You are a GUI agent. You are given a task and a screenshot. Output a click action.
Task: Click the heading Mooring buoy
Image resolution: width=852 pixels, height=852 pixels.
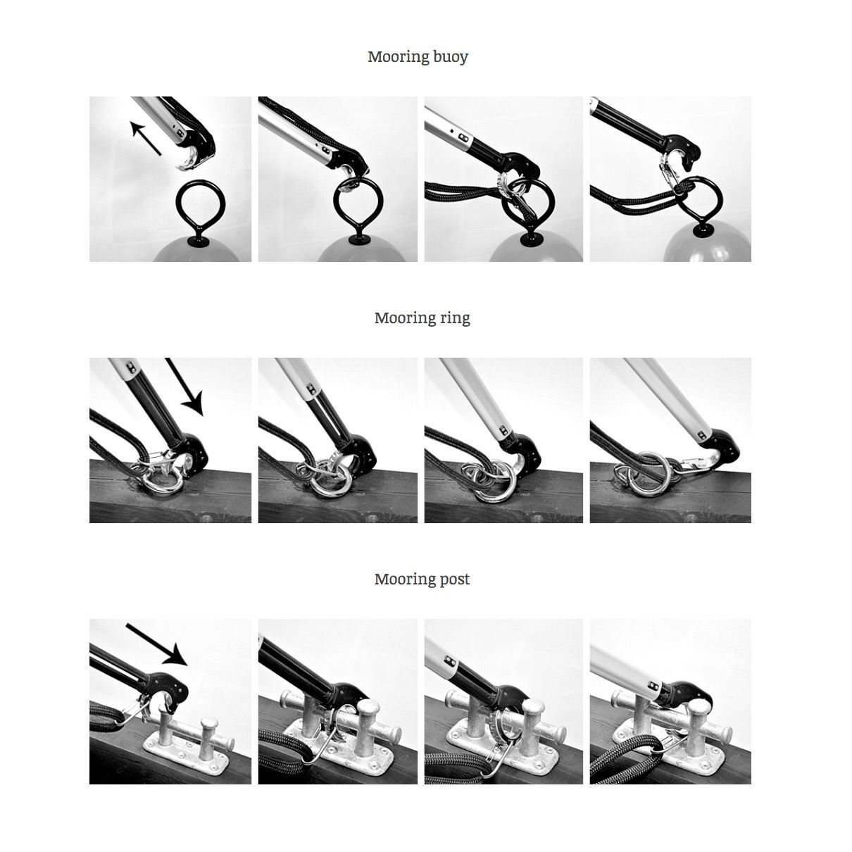point(418,57)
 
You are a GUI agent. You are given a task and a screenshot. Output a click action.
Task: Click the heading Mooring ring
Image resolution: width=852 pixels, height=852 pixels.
point(422,318)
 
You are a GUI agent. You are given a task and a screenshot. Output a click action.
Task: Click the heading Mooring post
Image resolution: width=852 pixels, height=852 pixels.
point(422,580)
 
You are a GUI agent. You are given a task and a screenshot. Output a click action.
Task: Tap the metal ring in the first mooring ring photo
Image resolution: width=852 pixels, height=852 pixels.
point(164,486)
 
